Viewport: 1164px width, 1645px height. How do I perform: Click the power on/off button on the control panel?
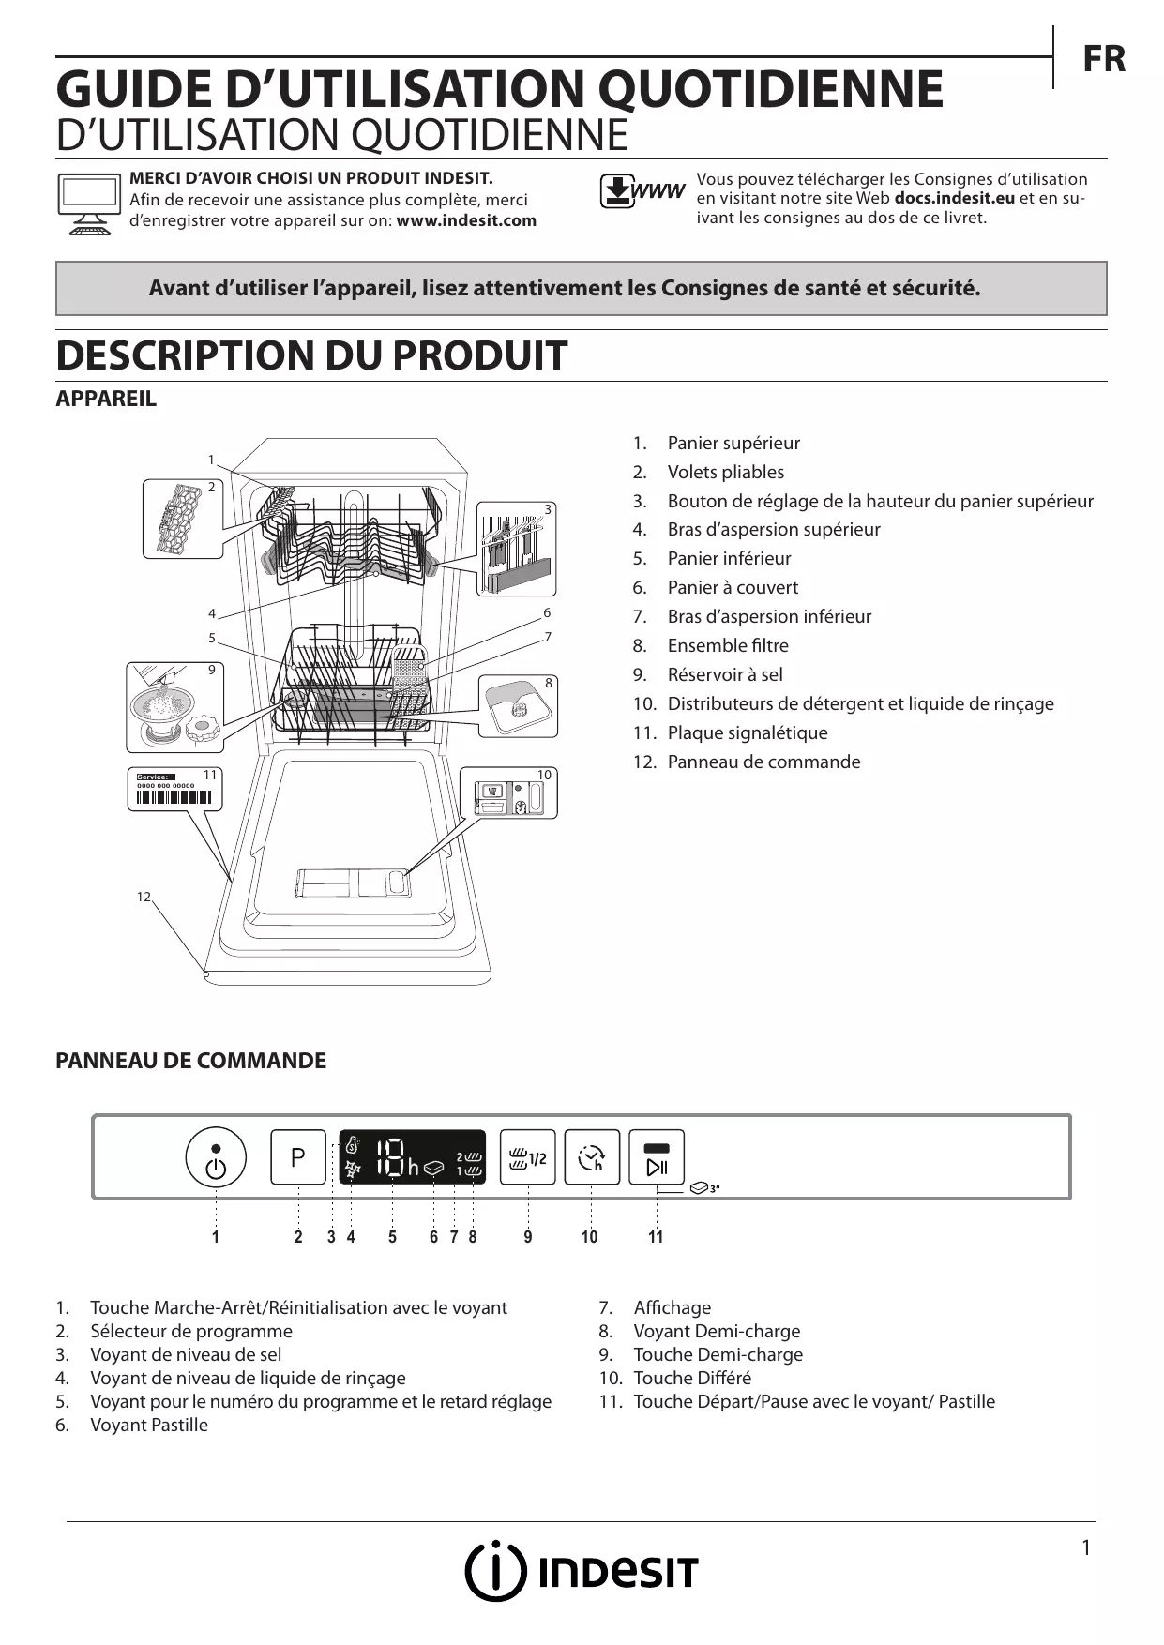[216, 1158]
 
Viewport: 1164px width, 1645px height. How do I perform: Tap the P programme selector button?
[298, 1157]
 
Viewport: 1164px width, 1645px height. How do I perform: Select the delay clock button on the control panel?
[592, 1157]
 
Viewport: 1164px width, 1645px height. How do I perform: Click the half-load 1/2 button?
[527, 1157]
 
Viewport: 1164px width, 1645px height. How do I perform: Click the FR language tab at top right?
[1103, 59]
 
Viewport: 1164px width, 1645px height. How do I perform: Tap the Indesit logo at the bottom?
[582, 1571]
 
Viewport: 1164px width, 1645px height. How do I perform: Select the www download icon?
[642, 191]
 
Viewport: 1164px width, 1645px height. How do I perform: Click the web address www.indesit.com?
[466, 221]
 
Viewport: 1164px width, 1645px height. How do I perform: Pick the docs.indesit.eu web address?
[954, 198]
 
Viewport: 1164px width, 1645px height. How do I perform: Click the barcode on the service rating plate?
[174, 797]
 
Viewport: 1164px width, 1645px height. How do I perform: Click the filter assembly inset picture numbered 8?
[518, 705]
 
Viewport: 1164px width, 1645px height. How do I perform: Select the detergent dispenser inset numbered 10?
[508, 792]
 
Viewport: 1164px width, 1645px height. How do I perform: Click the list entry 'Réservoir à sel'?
[724, 674]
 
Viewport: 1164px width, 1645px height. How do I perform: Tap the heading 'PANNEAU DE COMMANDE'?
[191, 1061]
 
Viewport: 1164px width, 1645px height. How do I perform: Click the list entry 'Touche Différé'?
[691, 1378]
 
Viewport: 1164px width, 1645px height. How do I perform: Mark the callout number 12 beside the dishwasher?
[144, 898]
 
